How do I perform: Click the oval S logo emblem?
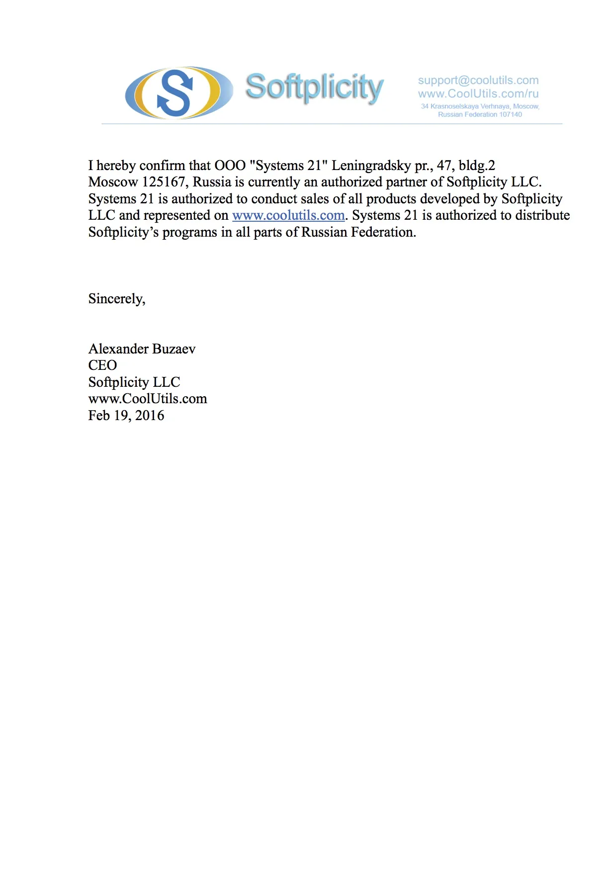pos(178,93)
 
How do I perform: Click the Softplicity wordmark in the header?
pos(314,87)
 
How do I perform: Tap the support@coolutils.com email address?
pos(478,81)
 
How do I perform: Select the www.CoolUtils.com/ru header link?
pos(478,94)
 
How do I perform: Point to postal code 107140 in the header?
pos(511,115)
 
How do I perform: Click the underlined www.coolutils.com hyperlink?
pos(288,216)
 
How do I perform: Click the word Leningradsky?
pos(371,166)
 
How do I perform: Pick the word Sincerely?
pos(116,299)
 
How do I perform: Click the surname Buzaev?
pos(174,349)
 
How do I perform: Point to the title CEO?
pos(102,365)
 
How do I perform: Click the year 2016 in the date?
pos(150,416)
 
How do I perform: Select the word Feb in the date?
pos(99,416)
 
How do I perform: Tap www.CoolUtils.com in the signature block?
pos(148,399)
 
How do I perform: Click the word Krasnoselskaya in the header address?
pos(454,106)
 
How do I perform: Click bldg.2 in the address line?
pos(477,166)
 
